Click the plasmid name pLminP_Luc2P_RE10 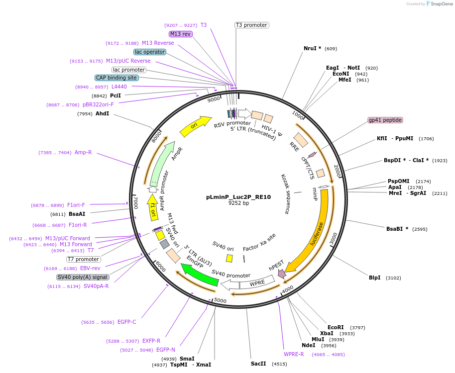pos(238,197)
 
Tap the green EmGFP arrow pos(199,275)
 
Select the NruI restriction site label pos(312,48)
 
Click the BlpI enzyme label pos(374,278)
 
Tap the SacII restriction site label pos(258,364)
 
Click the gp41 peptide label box pos(385,120)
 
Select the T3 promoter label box pos(251,25)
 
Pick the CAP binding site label pos(116,78)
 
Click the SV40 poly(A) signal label pos(83,277)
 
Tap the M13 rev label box pos(180,34)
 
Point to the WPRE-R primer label pos(294,354)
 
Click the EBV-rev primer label pos(90,268)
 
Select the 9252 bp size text pos(238,203)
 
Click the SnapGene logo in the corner pos(439,3)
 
